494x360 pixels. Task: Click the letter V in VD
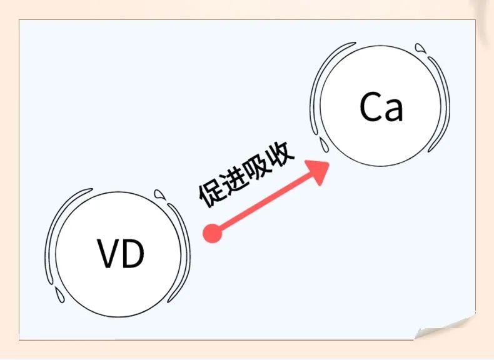point(108,253)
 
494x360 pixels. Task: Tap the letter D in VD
point(133,253)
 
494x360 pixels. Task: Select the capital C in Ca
point(370,107)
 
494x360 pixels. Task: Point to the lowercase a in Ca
point(393,110)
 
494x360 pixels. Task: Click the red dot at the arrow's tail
point(213,234)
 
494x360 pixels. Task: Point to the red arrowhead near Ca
point(318,171)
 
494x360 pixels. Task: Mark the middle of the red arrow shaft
point(263,204)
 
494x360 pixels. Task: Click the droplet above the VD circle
point(159,194)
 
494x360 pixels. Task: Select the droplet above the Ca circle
point(420,47)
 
